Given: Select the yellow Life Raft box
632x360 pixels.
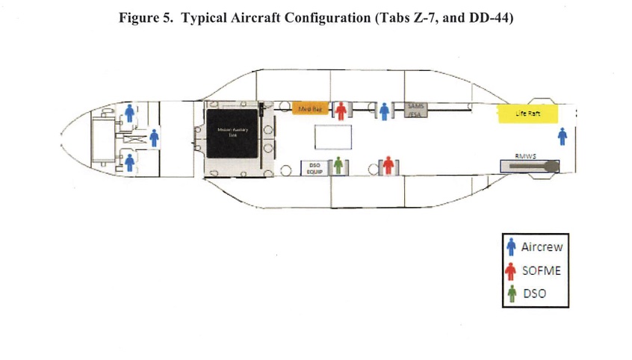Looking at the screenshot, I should coord(527,114).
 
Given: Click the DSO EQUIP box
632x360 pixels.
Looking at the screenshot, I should coord(315,169).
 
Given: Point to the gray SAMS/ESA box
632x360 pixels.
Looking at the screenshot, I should coord(415,110).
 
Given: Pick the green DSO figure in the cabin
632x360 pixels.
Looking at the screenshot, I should coord(338,165).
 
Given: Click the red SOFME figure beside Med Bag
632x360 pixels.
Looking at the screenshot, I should coord(341,111).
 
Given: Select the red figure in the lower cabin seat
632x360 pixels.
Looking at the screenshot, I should coord(388,164).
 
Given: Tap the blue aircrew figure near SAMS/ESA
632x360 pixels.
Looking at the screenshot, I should coord(384,111).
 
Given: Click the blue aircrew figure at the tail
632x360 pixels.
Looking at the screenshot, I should coord(563,137).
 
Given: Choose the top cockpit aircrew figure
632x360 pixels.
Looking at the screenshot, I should coord(130,113).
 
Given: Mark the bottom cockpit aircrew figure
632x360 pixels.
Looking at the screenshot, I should coord(130,162).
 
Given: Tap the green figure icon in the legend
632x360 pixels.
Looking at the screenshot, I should coord(512,293).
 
